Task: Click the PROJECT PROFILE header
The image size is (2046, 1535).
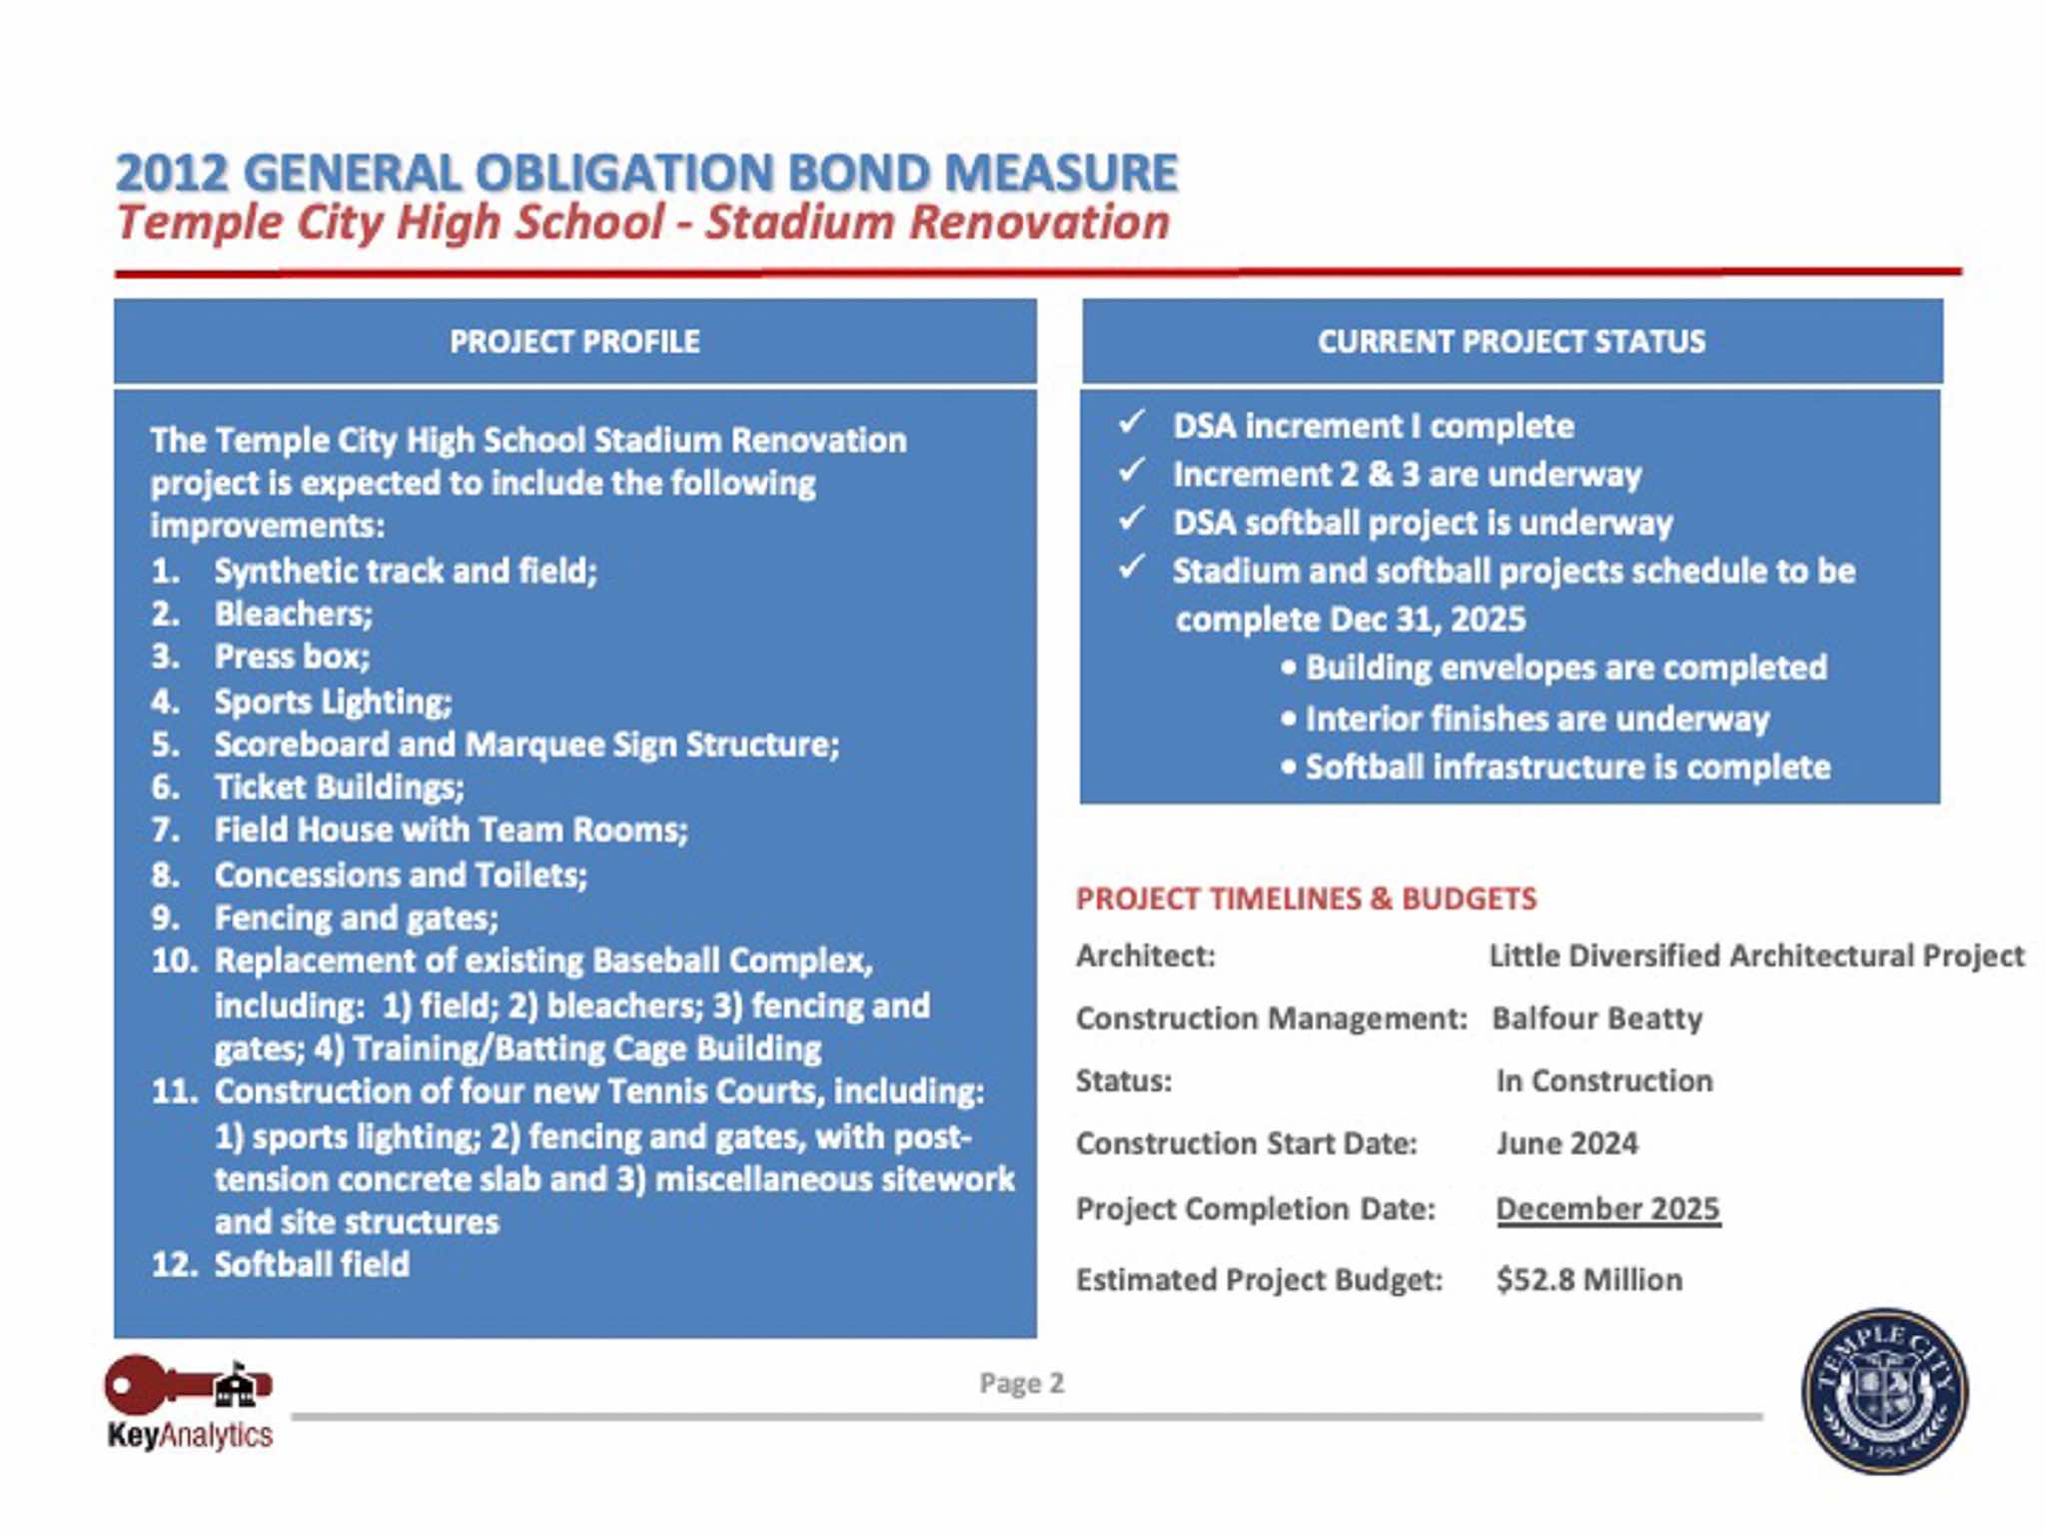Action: coord(574,342)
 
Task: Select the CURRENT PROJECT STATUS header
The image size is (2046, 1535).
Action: coord(1511,342)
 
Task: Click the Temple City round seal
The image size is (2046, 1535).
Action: coord(1884,1390)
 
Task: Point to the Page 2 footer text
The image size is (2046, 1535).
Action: coord(1021,1383)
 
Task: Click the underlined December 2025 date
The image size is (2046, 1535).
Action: coord(1607,1208)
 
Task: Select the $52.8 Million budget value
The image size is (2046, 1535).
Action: coord(1589,1279)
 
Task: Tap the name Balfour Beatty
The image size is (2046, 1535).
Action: coord(1596,1018)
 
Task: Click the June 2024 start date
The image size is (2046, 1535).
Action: coord(1566,1143)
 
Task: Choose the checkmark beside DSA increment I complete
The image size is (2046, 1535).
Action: coord(1132,423)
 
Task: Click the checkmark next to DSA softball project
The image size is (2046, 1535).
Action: coord(1132,520)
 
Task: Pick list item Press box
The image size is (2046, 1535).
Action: coord(292,657)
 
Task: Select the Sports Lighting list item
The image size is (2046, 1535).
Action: coord(333,702)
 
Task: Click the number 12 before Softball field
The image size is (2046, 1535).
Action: coord(174,1264)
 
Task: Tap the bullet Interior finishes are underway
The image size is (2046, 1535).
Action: coord(1536,719)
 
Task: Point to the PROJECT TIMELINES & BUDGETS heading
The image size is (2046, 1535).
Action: coord(1306,898)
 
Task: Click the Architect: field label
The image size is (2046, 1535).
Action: coord(1145,956)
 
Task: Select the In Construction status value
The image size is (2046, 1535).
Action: coord(1603,1080)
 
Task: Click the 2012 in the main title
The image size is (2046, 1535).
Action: coord(172,173)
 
